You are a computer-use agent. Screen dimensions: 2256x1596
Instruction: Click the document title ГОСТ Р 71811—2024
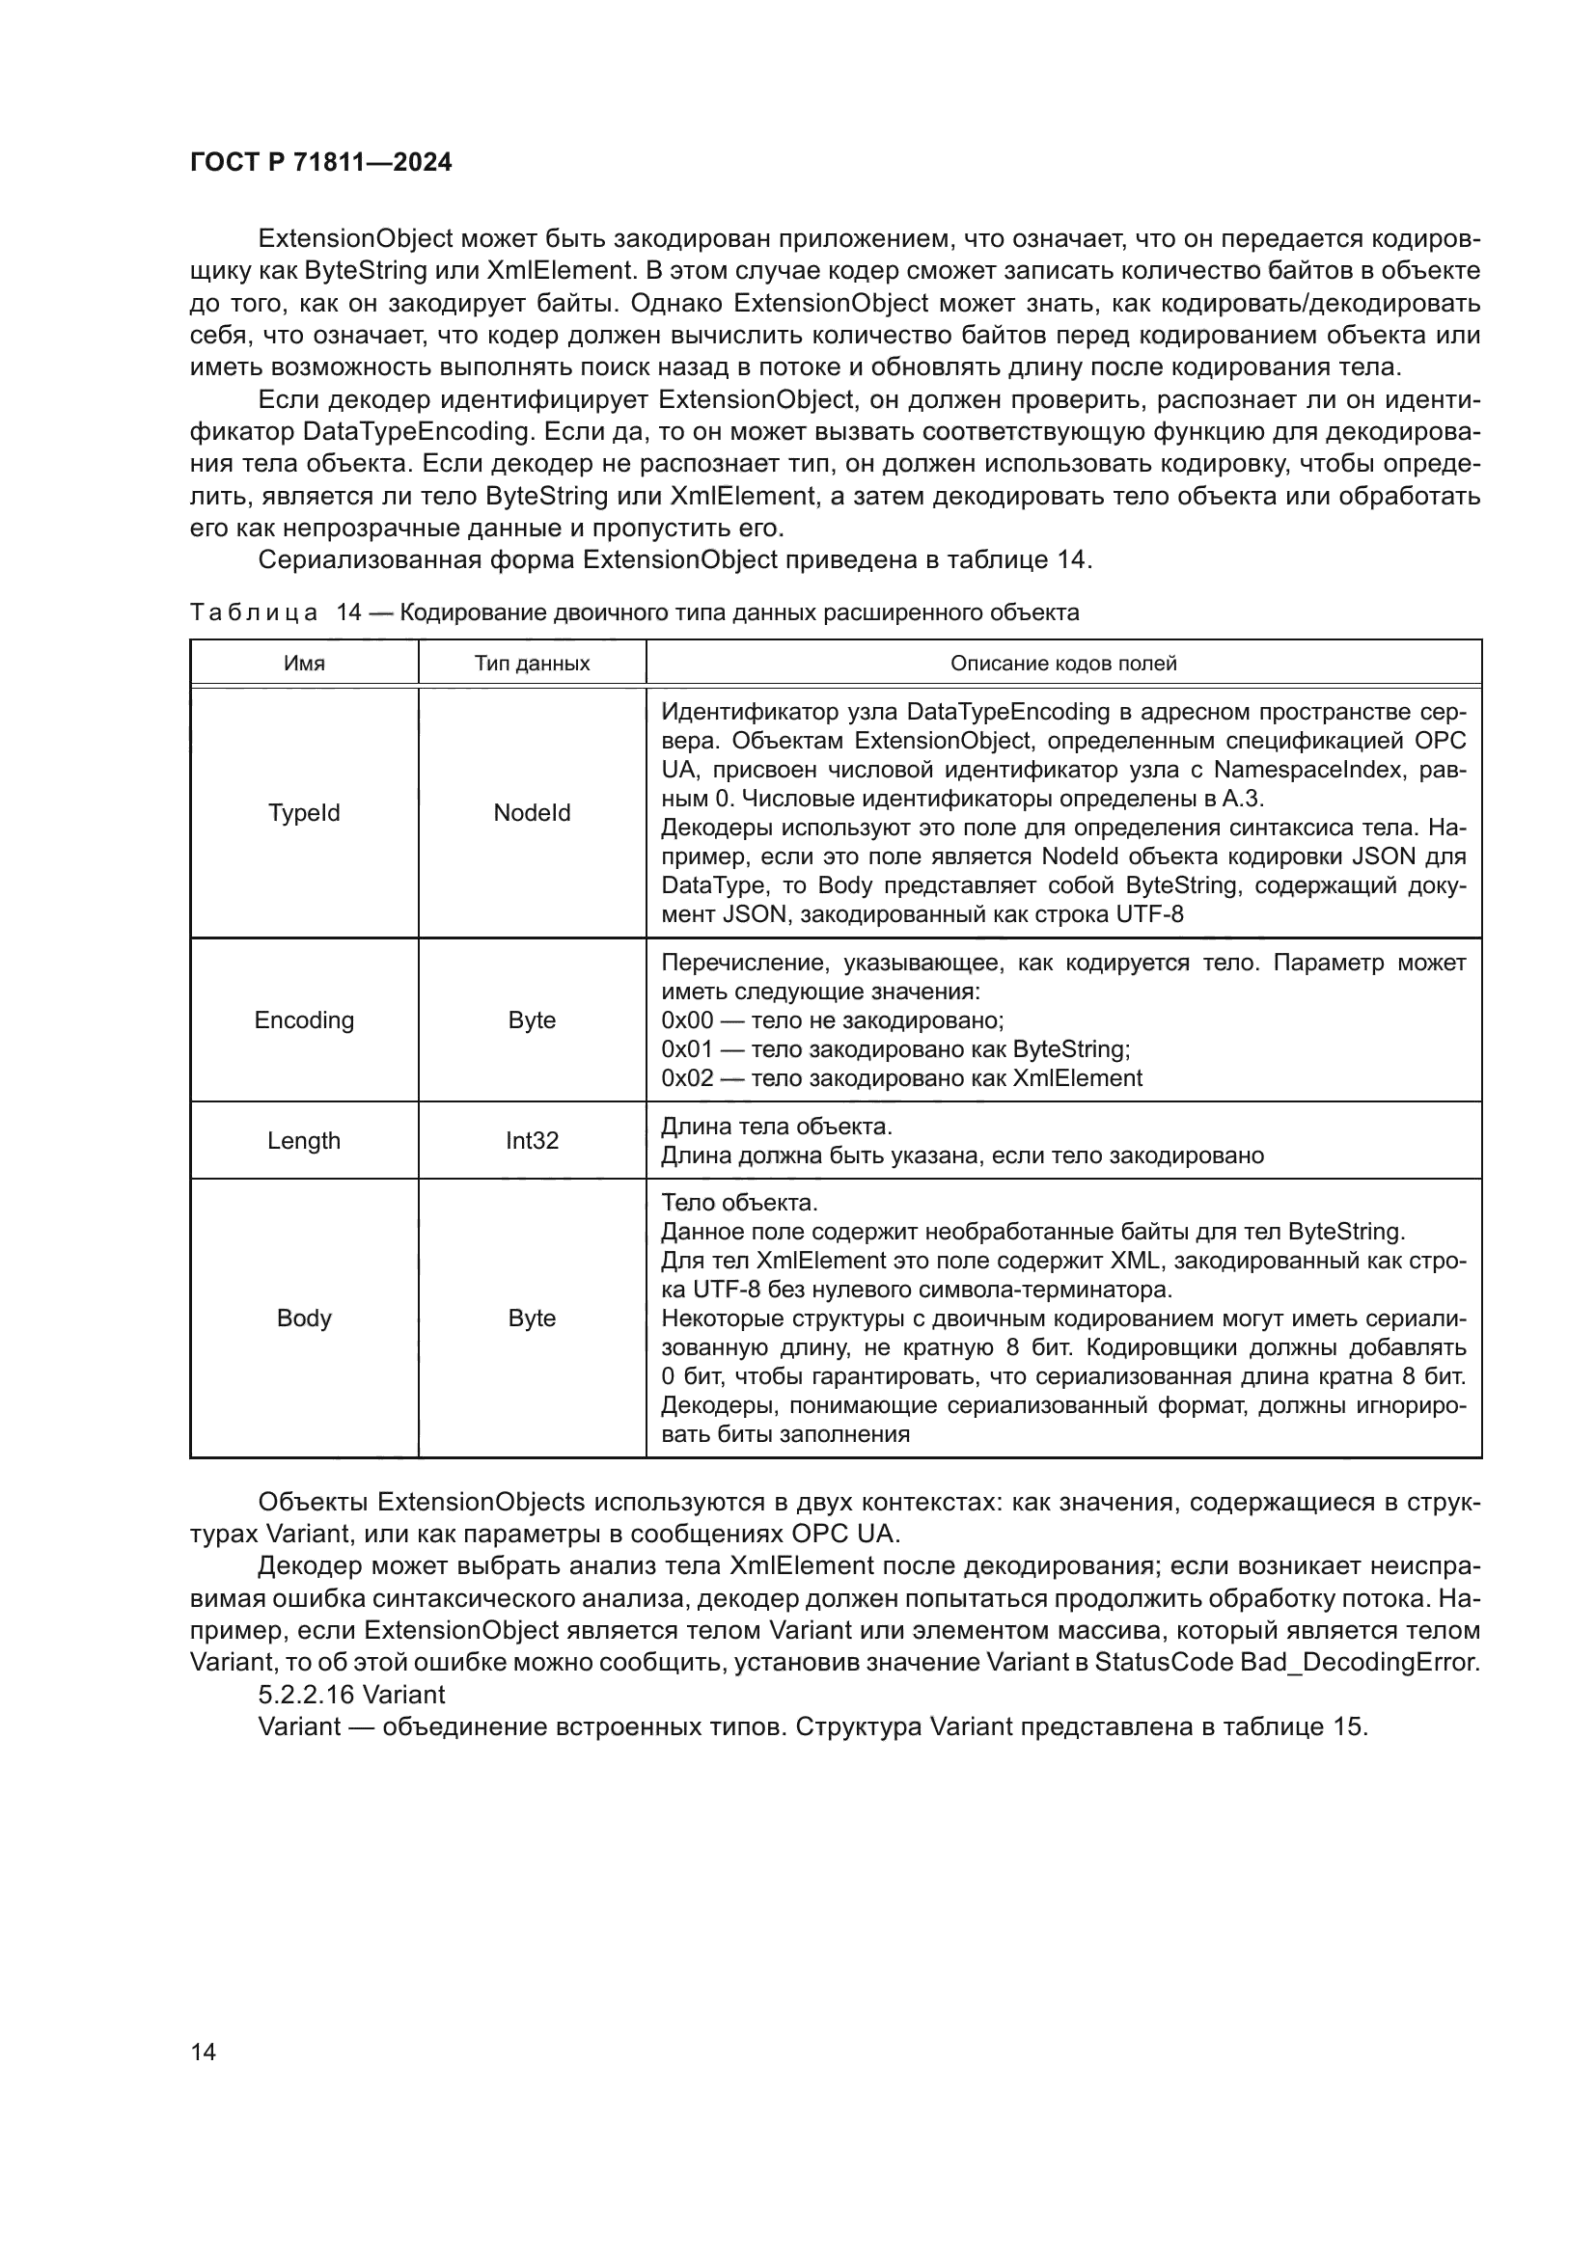pos(320,163)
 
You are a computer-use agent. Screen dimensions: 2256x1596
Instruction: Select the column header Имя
pos(304,664)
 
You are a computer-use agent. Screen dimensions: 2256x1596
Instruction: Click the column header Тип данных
pos(532,664)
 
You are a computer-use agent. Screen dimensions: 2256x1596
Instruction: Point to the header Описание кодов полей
pos(1062,664)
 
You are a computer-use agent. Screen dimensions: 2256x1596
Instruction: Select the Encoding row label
pos(304,1020)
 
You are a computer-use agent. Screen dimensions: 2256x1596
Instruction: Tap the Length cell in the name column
pos(304,1142)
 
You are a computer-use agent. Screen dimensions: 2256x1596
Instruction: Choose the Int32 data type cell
pos(532,1142)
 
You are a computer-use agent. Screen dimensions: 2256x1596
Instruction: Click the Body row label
pos(304,1318)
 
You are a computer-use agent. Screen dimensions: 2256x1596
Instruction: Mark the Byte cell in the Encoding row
pos(532,1020)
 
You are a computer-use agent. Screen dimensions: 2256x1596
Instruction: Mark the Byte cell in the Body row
pos(532,1318)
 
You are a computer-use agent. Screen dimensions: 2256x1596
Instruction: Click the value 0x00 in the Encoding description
pos(686,1020)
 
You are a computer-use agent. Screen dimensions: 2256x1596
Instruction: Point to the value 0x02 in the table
pos(686,1079)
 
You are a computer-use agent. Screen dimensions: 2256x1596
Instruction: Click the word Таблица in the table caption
pos(253,613)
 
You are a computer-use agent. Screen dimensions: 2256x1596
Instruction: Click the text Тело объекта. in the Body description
pos(739,1204)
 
